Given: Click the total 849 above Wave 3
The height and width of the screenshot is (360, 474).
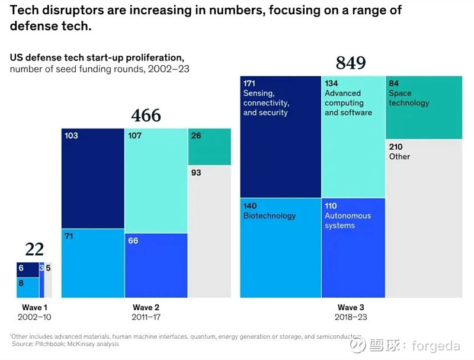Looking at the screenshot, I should click(x=351, y=63).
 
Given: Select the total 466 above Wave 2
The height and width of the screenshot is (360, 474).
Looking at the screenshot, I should click(x=146, y=115).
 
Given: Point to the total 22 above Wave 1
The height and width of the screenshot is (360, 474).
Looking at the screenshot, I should click(x=34, y=249).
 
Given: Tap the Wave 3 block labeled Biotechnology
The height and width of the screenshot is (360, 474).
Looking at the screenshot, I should click(x=280, y=247).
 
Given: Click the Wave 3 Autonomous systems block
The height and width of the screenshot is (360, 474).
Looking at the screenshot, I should click(x=353, y=247).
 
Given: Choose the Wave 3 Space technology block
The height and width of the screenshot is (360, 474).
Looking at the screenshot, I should click(x=424, y=107).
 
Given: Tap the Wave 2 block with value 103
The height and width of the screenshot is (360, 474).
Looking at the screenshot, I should click(x=93, y=178).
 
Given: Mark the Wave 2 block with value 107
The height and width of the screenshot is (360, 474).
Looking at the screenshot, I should click(x=156, y=180).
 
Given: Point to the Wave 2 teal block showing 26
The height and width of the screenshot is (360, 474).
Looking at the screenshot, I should click(x=209, y=146).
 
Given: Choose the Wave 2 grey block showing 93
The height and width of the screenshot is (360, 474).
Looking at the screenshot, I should click(x=209, y=231).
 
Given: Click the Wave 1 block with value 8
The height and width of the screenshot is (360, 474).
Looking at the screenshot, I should click(x=27, y=287).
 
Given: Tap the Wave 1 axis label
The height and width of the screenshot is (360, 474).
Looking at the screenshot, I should click(x=32, y=307).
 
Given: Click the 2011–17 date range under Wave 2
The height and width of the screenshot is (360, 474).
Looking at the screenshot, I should click(x=146, y=317).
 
